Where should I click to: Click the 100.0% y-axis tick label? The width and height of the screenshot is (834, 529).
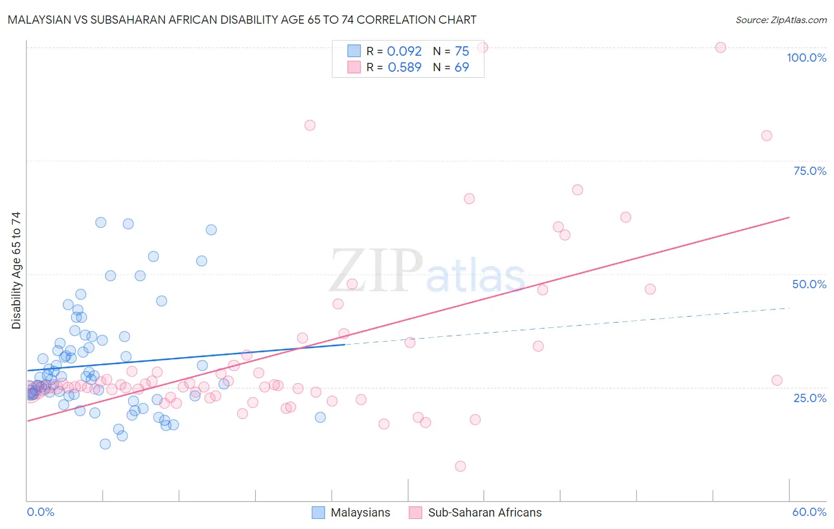(806, 58)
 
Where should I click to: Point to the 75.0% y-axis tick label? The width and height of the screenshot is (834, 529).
(810, 171)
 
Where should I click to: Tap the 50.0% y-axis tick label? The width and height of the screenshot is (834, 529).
(809, 284)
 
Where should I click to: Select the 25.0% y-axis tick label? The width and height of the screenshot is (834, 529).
(810, 398)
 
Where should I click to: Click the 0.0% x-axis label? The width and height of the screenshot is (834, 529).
(40, 512)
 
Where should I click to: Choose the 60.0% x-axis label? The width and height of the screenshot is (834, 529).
(809, 512)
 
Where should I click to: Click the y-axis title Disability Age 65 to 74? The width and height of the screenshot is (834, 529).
(16, 270)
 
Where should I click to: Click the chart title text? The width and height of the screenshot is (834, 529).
(242, 20)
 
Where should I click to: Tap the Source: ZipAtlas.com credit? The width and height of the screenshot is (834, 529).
(781, 20)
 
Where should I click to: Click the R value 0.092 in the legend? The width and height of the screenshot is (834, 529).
(404, 52)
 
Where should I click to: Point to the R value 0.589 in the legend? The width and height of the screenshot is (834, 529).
(404, 68)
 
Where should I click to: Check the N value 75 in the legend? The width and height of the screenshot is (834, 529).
(461, 52)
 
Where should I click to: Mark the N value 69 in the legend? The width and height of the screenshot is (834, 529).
(461, 68)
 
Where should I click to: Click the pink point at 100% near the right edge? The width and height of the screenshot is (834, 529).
(720, 47)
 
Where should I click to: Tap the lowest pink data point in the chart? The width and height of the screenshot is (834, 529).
(460, 466)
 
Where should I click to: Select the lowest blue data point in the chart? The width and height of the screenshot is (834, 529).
(105, 444)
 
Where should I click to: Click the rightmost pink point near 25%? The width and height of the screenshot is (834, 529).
(776, 380)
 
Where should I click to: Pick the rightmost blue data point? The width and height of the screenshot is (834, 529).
(320, 417)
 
